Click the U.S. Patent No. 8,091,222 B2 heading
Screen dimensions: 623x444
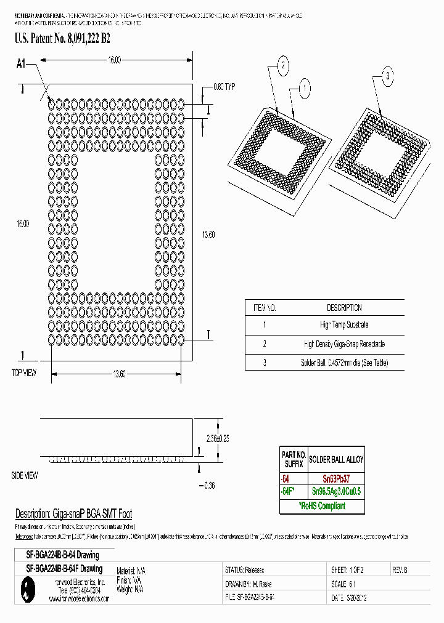coord(62,39)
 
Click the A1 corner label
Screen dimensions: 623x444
coord(22,63)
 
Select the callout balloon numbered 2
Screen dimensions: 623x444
coord(282,66)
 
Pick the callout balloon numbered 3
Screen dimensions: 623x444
coord(388,77)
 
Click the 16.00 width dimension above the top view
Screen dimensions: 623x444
coord(113,60)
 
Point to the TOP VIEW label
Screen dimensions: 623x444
coord(24,373)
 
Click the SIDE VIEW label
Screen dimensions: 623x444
coord(25,475)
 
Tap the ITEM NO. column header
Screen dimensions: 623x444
coord(264,308)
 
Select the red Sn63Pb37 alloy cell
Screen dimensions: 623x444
coord(336,478)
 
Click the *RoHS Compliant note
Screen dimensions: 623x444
coord(323,506)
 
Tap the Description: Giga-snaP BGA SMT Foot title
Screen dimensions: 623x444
coord(73,514)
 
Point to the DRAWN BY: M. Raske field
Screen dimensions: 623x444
coord(249,584)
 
